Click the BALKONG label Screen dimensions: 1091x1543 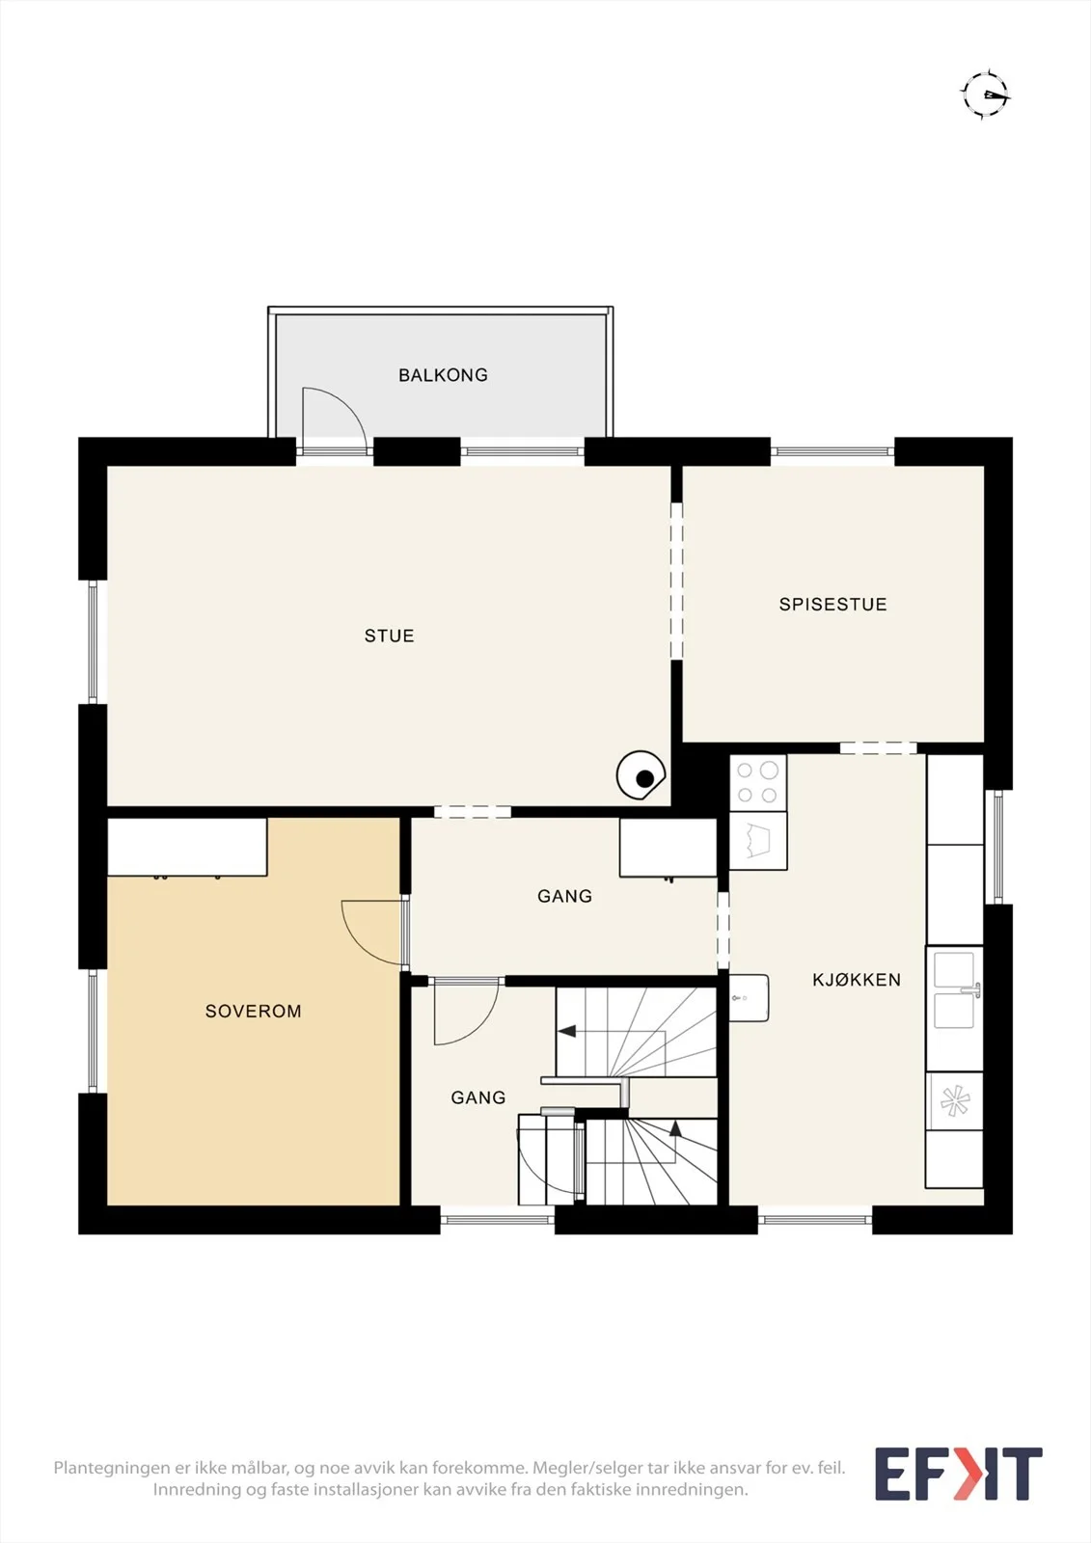[x=443, y=375]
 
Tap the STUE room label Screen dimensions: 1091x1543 [x=390, y=636]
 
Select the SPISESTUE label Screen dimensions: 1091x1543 [x=832, y=604]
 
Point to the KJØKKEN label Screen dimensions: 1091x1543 [x=857, y=980]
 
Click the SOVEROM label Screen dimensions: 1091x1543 [x=253, y=1012]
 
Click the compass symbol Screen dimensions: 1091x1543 [x=986, y=94]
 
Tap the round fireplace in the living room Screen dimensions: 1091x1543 [x=641, y=775]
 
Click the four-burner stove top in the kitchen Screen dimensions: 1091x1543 [x=757, y=782]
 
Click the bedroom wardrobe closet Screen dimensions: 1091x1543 [x=187, y=848]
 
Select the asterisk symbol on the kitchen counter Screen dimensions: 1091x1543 [x=955, y=1100]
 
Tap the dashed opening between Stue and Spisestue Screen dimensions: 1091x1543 [x=677, y=581]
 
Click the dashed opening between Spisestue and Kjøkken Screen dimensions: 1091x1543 [x=878, y=748]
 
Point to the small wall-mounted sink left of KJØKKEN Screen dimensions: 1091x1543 [x=749, y=998]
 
